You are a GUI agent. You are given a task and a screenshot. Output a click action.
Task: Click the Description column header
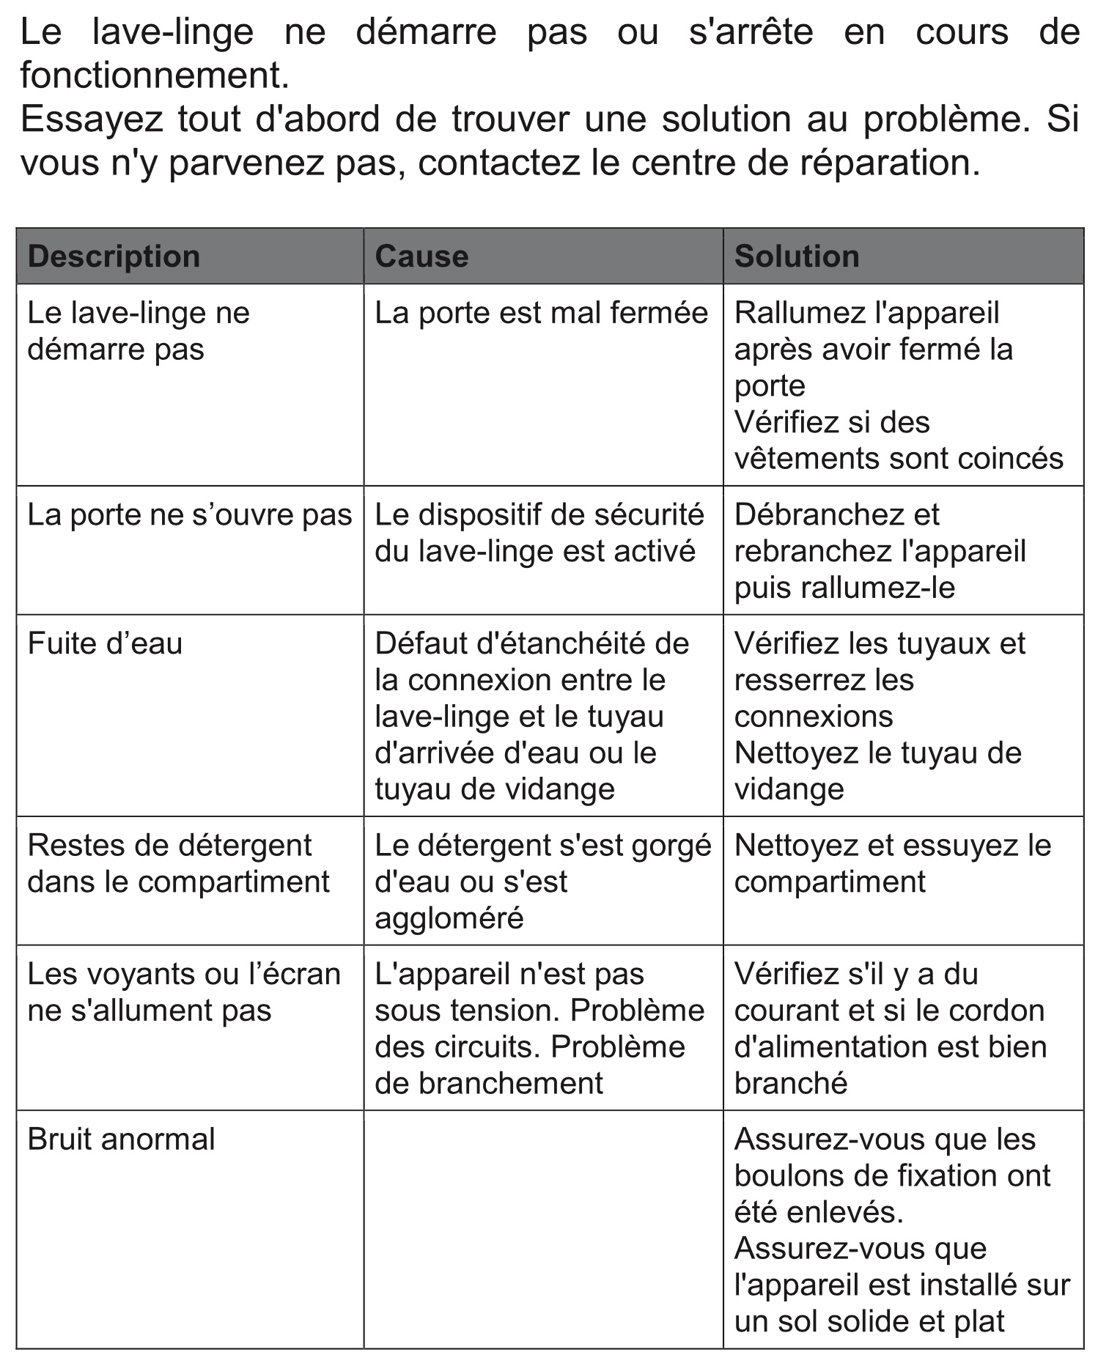coord(114,256)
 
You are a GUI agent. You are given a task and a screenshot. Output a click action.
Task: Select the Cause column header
coord(421,256)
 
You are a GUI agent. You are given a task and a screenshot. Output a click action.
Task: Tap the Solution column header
coord(797,256)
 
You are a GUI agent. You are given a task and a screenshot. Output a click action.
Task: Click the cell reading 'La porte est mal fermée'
coord(541,313)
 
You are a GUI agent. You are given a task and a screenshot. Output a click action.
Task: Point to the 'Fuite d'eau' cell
coord(105,643)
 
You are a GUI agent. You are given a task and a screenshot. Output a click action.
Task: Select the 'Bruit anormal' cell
coord(121,1139)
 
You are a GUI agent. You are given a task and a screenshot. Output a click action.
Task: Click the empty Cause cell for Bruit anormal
coord(542,1229)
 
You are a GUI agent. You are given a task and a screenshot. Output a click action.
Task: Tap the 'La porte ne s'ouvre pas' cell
coord(189,515)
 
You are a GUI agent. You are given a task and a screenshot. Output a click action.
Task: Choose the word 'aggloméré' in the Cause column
coord(449,918)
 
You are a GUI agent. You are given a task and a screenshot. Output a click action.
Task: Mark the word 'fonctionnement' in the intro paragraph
coord(150,75)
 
